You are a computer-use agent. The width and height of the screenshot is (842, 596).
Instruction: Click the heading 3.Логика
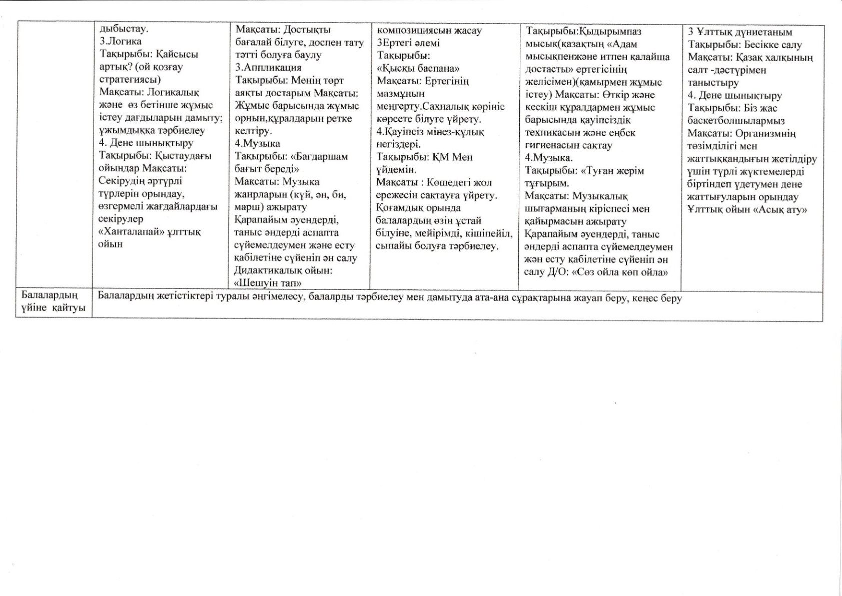pos(121,41)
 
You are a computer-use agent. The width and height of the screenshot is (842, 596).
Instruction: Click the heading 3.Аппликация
pos(268,67)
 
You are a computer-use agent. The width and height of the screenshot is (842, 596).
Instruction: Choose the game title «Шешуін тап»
pos(268,283)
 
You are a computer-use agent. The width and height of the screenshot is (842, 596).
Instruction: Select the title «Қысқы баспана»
pos(418,68)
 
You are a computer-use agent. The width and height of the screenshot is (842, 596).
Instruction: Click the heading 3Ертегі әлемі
pos(408,43)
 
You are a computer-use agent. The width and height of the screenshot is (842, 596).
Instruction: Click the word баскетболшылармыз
pos(728,121)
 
